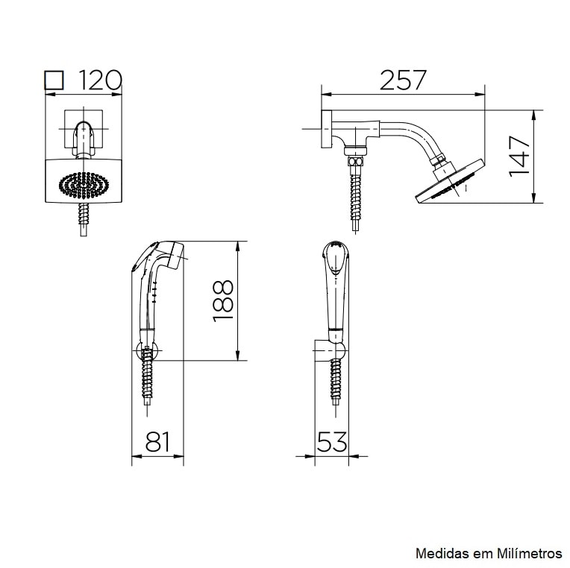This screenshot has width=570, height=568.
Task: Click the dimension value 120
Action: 100,80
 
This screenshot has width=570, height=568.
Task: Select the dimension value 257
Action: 402,80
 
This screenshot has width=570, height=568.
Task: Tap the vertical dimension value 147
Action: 519,157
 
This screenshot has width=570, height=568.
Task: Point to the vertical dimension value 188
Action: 223,301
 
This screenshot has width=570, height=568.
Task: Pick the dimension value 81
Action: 157,441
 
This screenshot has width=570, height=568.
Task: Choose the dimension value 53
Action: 332,441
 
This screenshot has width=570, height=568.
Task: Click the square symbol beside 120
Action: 54,80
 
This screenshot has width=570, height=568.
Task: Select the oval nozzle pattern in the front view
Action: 84,185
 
